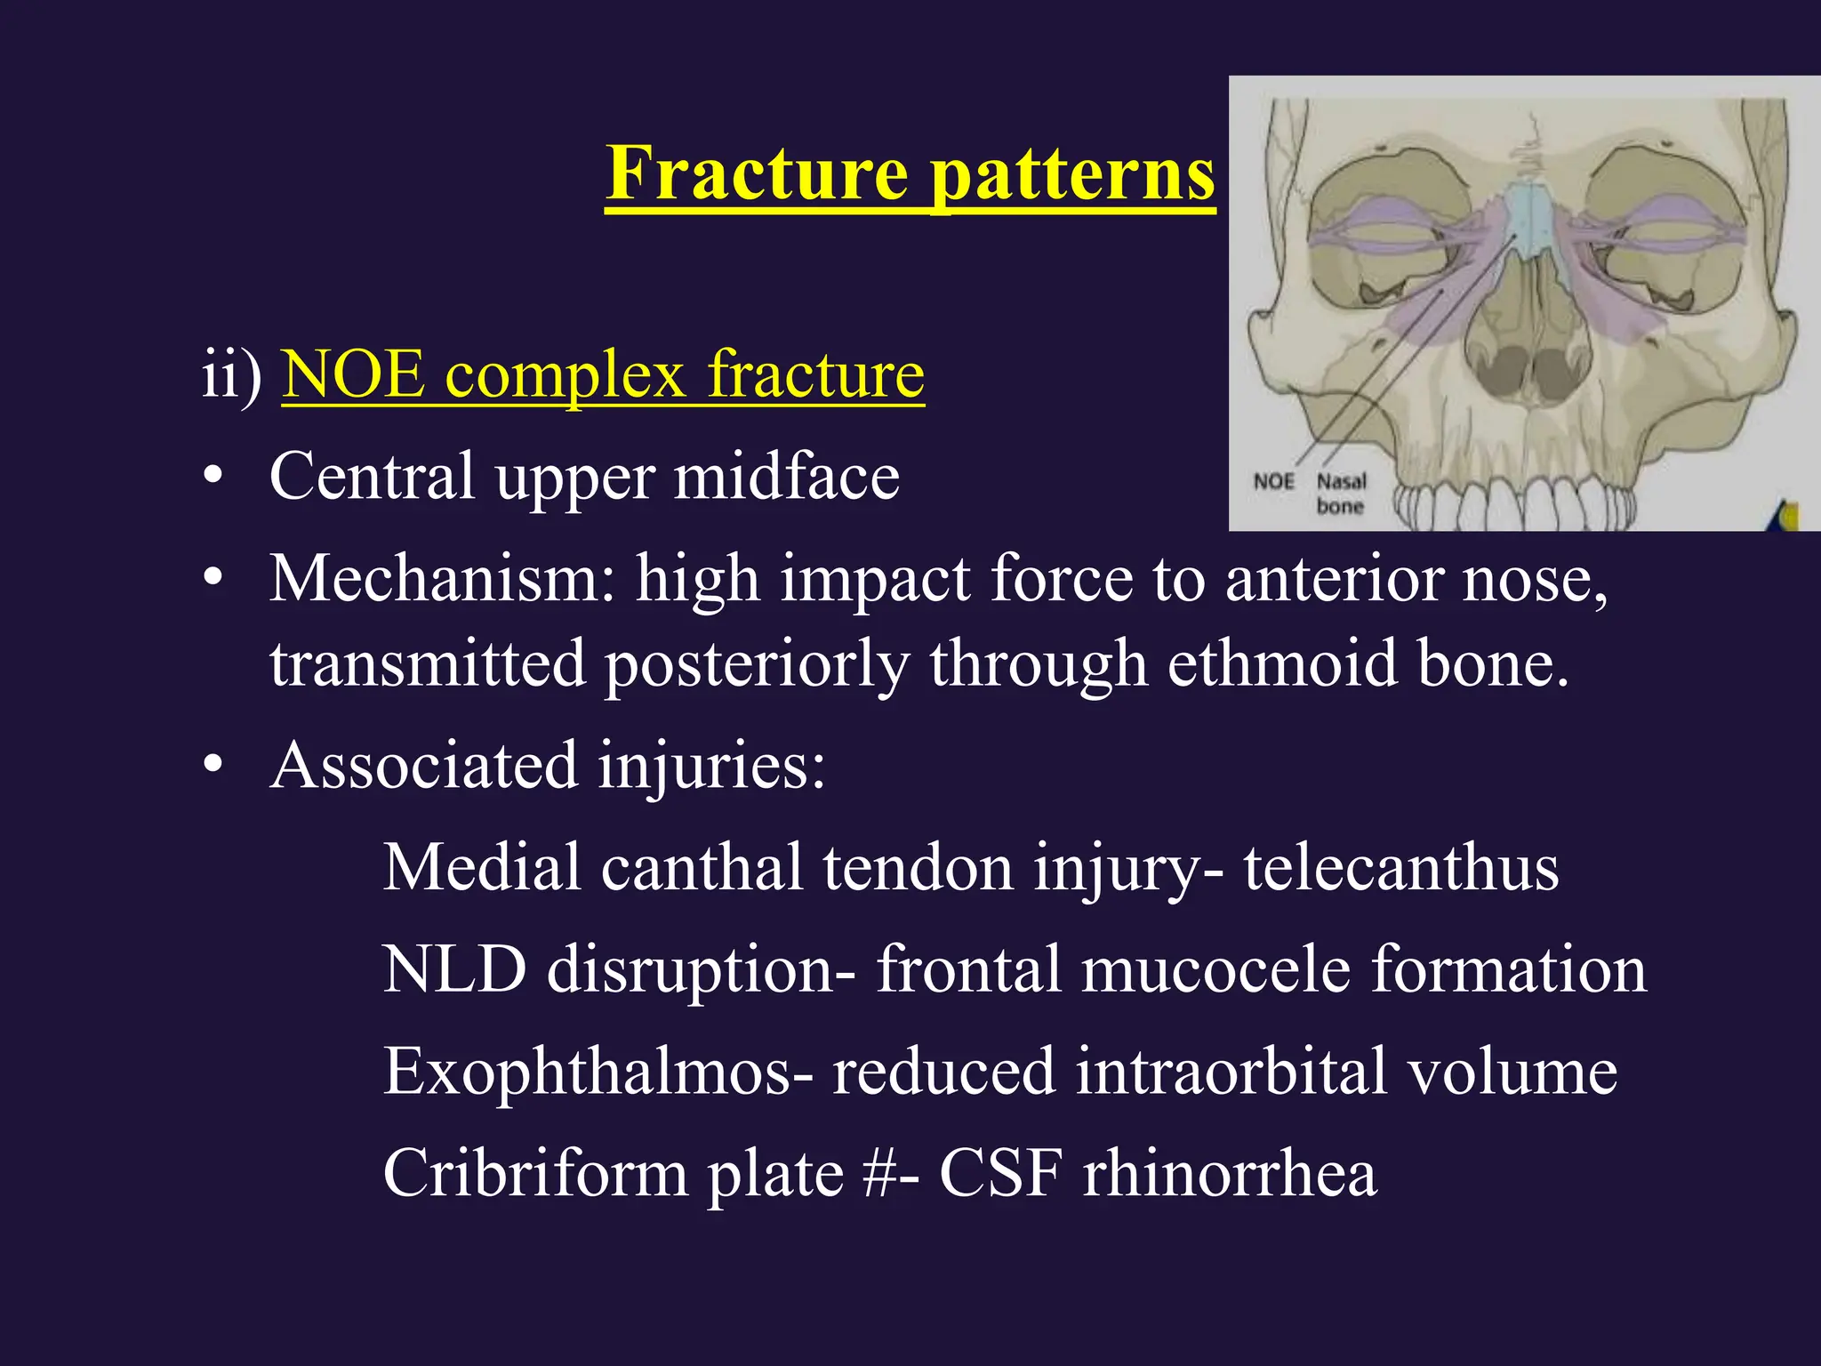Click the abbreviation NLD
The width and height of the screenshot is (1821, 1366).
point(454,969)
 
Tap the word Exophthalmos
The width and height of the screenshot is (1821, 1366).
point(588,1072)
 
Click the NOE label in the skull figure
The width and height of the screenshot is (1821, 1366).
point(1273,482)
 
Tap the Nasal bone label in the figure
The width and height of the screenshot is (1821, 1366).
point(1341,494)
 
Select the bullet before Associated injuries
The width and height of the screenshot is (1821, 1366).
point(213,766)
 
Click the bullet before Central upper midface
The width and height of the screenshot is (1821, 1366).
point(213,478)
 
